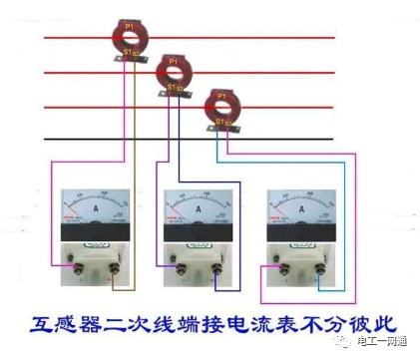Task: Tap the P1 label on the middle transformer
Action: (172, 62)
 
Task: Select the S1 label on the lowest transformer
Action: (219, 121)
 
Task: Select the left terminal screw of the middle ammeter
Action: (178, 266)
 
